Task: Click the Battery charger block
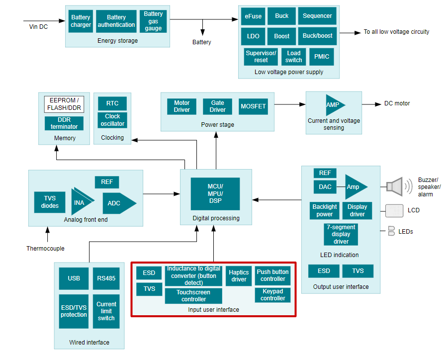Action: pyautogui.click(x=81, y=21)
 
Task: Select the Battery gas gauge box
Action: pyautogui.click(x=153, y=21)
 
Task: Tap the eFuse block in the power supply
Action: pyautogui.click(x=253, y=16)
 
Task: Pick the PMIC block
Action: pyautogui.click(x=322, y=57)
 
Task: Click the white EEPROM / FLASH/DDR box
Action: pyautogui.click(x=64, y=104)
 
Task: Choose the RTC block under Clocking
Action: pyautogui.click(x=112, y=103)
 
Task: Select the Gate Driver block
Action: pyautogui.click(x=217, y=106)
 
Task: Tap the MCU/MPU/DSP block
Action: pyautogui.click(x=215, y=194)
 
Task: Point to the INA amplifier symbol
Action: pyautogui.click(x=80, y=202)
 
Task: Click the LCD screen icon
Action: pyautogui.click(x=394, y=210)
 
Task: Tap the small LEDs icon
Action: pyautogui.click(x=391, y=231)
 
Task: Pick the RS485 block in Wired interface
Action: pyautogui.click(x=106, y=278)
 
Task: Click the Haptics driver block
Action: pyautogui.click(x=239, y=276)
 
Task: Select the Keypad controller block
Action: pyautogui.click(x=272, y=295)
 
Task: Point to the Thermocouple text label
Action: pyautogui.click(x=45, y=249)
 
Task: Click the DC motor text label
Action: pyautogui.click(x=397, y=104)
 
